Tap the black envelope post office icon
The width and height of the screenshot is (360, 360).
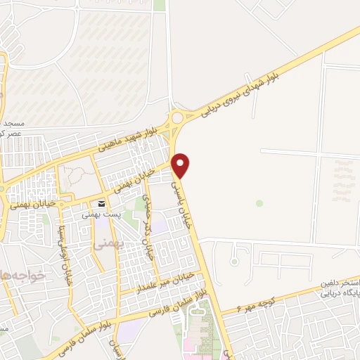click(x=102, y=204)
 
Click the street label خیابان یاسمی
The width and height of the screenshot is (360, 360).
click(x=181, y=200)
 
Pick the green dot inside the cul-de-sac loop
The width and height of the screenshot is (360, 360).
click(x=259, y=203)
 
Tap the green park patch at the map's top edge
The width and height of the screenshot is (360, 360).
click(x=160, y=5)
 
